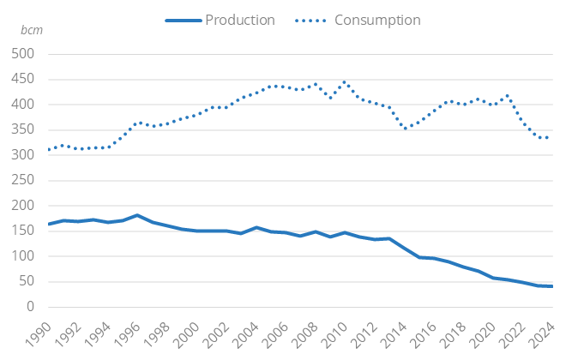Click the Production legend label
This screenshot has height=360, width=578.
click(x=239, y=20)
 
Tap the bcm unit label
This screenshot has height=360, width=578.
click(x=31, y=30)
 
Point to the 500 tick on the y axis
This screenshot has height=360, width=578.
click(x=22, y=54)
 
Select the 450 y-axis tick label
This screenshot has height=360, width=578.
click(x=22, y=80)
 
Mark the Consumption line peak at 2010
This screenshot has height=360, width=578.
click(x=345, y=82)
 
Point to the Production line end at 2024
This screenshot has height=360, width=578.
click(x=551, y=286)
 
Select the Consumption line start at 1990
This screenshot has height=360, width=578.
click(x=49, y=150)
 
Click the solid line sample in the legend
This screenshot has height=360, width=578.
click(x=180, y=20)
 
